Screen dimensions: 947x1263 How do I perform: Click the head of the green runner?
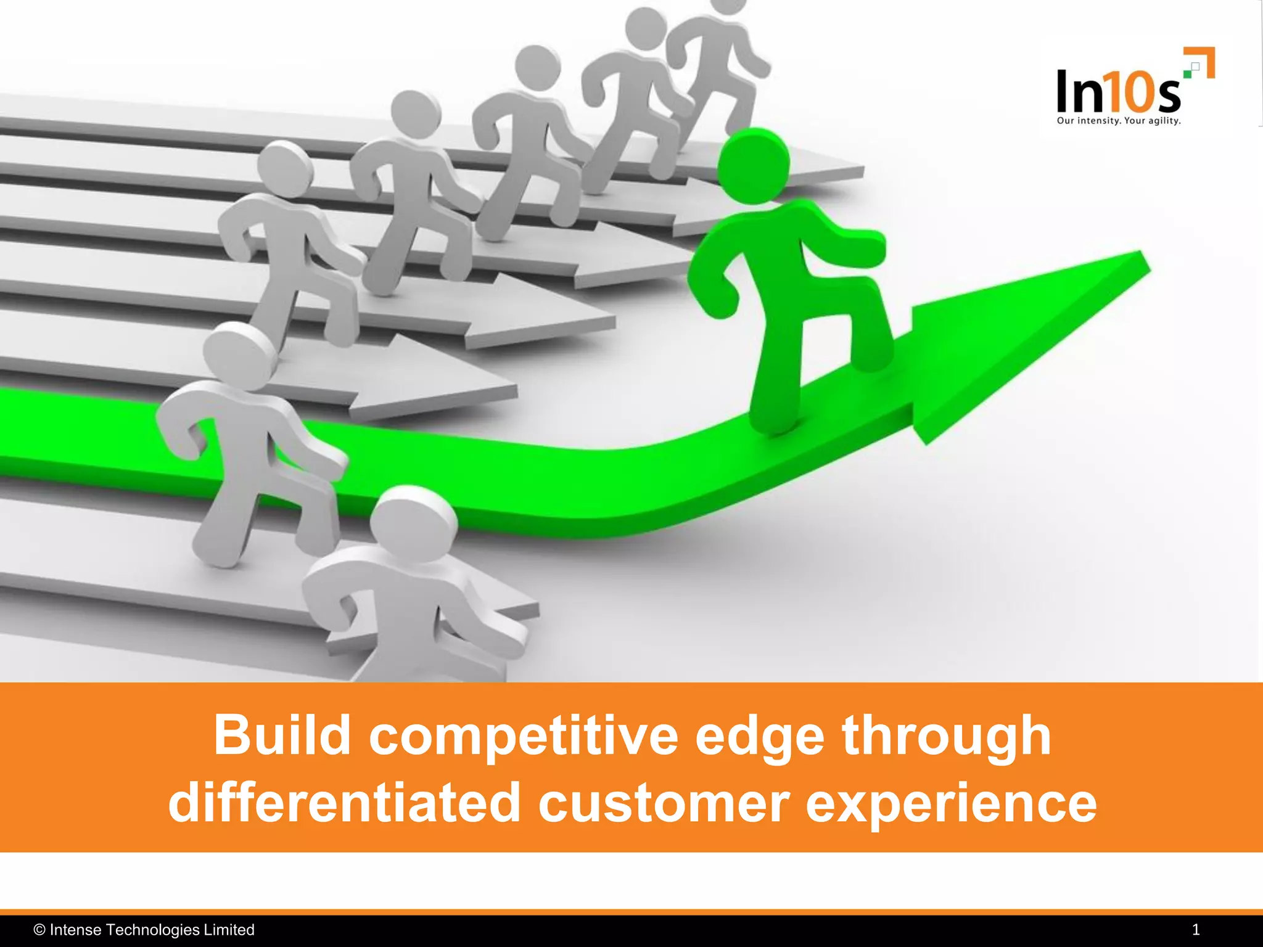pos(754,165)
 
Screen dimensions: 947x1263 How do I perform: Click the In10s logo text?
pos(1117,92)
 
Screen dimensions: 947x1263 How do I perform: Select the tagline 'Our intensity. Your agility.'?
pos(1119,121)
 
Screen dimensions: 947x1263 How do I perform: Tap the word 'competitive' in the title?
pos(524,736)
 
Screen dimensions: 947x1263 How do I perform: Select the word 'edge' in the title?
pos(759,736)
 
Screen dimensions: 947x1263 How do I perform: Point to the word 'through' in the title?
pos(947,736)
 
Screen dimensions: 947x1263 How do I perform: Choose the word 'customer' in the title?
pos(664,803)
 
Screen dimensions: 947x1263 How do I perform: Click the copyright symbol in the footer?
pos(39,930)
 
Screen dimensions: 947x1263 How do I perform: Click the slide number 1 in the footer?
pos(1196,930)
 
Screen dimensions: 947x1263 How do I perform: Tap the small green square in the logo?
pos(1187,73)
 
